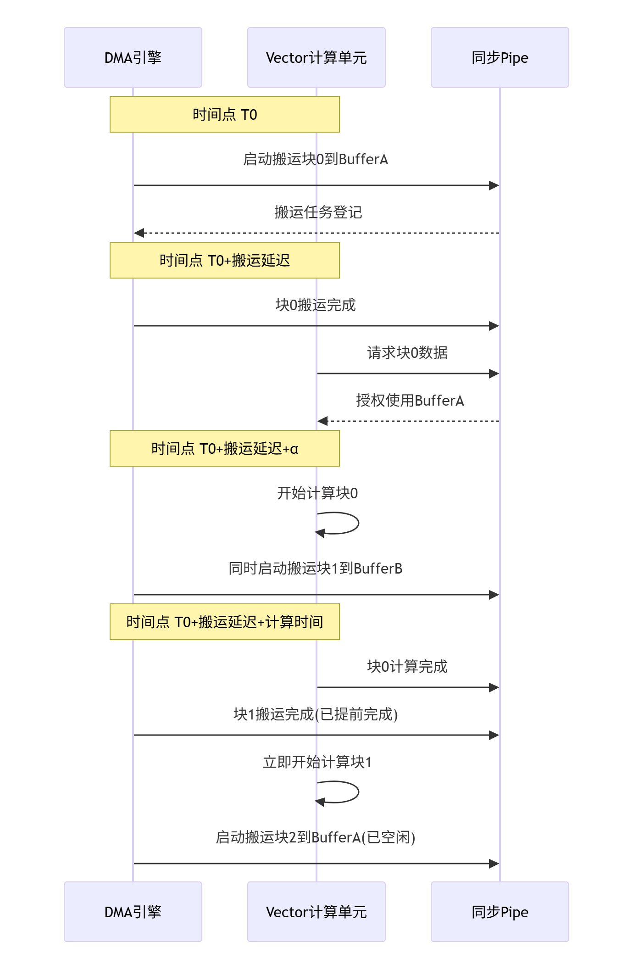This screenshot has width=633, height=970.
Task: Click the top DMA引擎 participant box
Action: point(133,57)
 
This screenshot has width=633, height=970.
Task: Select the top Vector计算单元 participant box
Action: point(316,57)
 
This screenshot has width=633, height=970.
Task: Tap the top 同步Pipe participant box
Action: point(500,57)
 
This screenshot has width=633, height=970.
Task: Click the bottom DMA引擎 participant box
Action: point(133,911)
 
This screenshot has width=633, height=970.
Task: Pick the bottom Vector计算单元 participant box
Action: point(316,911)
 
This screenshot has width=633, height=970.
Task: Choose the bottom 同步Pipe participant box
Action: point(500,911)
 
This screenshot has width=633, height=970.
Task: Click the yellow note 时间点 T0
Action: point(225,114)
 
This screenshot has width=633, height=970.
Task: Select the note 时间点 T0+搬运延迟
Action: point(225,260)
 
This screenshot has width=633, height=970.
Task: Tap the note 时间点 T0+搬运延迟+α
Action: point(225,448)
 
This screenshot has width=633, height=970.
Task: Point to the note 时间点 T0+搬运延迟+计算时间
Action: point(225,622)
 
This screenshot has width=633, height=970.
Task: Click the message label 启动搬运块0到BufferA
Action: point(316,159)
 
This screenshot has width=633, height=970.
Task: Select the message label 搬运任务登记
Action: point(318,212)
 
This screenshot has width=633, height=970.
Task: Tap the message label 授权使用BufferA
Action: point(410,401)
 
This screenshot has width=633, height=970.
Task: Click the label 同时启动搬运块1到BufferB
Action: point(316,569)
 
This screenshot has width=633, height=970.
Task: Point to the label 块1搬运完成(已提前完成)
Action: point(316,714)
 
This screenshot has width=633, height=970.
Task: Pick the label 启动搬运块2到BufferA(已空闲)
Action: point(316,837)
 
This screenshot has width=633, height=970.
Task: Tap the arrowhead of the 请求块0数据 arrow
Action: point(494,374)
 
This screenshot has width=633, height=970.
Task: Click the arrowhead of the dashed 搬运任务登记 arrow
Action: point(139,233)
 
